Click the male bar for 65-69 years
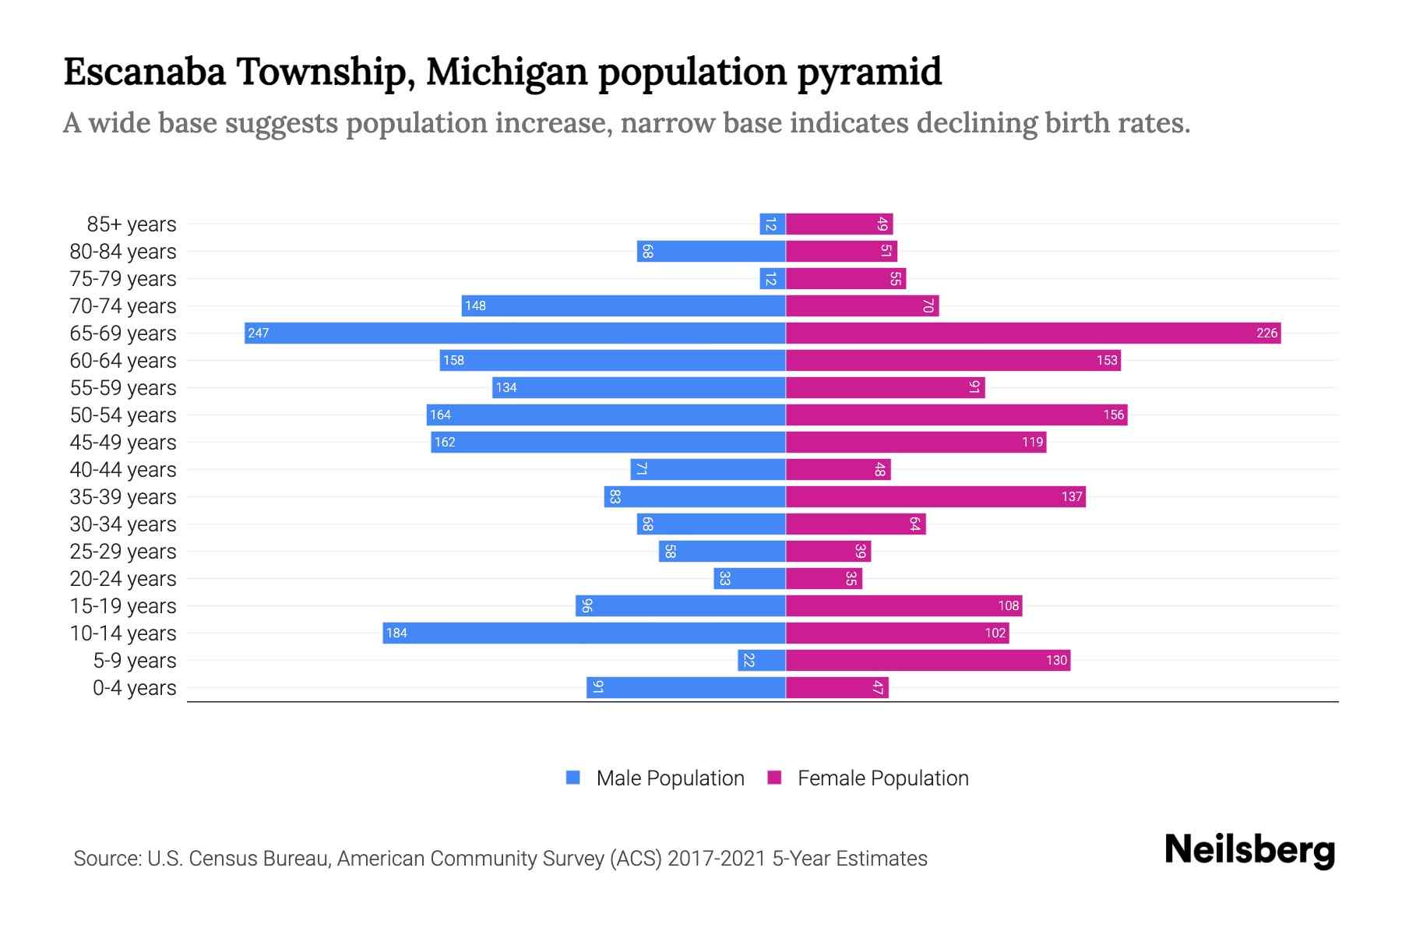tap(514, 333)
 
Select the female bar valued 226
tap(1033, 333)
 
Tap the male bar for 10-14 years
tap(584, 633)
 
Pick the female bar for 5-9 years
tap(928, 661)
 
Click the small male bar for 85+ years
tap(772, 224)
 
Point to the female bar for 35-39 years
tap(935, 497)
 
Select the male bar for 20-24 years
tap(749, 579)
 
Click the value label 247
tap(258, 333)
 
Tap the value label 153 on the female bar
tap(1107, 361)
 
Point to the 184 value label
tap(396, 633)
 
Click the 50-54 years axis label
tap(123, 415)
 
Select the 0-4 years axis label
tap(134, 688)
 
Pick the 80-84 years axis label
tap(123, 252)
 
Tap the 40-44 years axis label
tap(123, 470)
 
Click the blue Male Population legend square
tap(573, 778)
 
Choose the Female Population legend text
tap(882, 778)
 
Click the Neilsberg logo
tap(1249, 850)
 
